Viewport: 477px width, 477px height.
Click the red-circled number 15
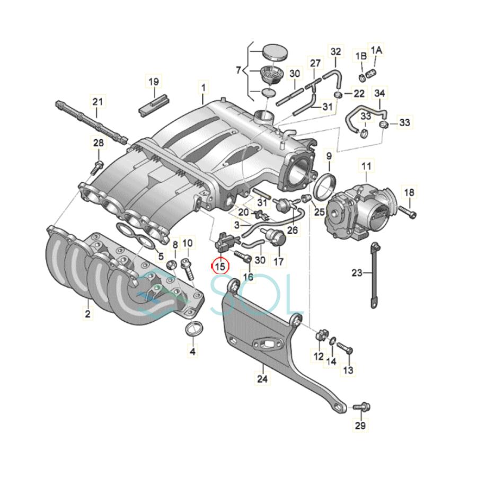point(220,266)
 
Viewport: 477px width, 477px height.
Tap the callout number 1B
point(361,56)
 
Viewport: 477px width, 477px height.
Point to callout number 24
point(262,379)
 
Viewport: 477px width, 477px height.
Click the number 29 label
point(360,425)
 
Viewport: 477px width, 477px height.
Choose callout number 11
point(366,166)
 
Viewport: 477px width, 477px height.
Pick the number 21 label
point(98,102)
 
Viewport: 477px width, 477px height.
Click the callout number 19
point(154,82)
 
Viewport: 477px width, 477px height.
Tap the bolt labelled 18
point(408,211)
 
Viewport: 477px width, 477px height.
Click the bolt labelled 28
point(98,166)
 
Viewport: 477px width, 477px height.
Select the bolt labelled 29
point(361,407)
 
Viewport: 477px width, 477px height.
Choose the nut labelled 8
point(171,266)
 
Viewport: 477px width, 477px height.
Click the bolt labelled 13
point(344,348)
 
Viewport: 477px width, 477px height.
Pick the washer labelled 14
point(333,340)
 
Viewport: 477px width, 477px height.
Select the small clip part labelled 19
point(153,104)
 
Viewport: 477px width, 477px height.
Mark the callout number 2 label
point(87,313)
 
